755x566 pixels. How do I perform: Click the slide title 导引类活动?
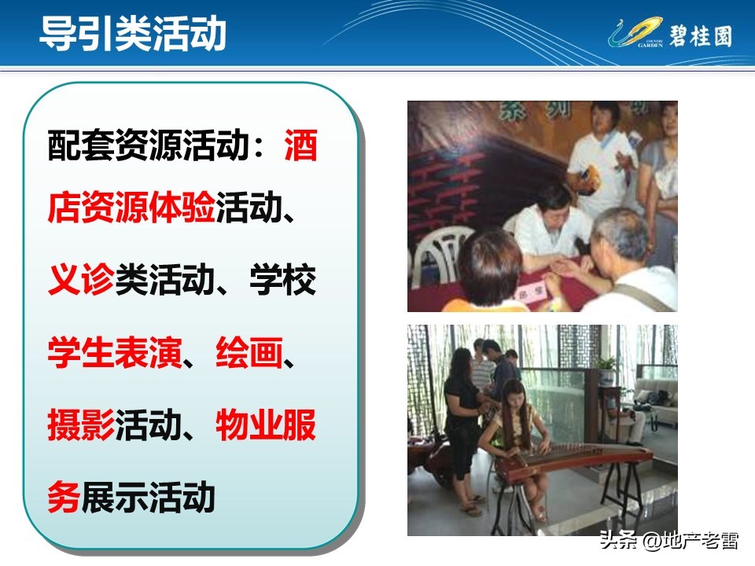133,34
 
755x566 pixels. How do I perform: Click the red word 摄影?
81,426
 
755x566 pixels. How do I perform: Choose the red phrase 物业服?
266,426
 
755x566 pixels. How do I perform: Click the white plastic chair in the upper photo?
433,252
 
